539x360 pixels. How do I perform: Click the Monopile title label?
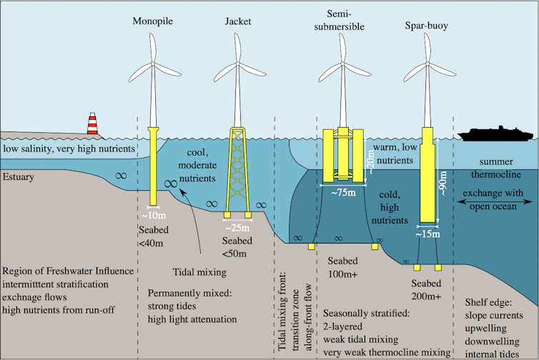[x=152, y=21]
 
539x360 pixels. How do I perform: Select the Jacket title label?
[x=238, y=21]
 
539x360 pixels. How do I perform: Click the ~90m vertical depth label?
[x=445, y=182]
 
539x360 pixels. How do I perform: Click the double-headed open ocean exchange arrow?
[x=498, y=203]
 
